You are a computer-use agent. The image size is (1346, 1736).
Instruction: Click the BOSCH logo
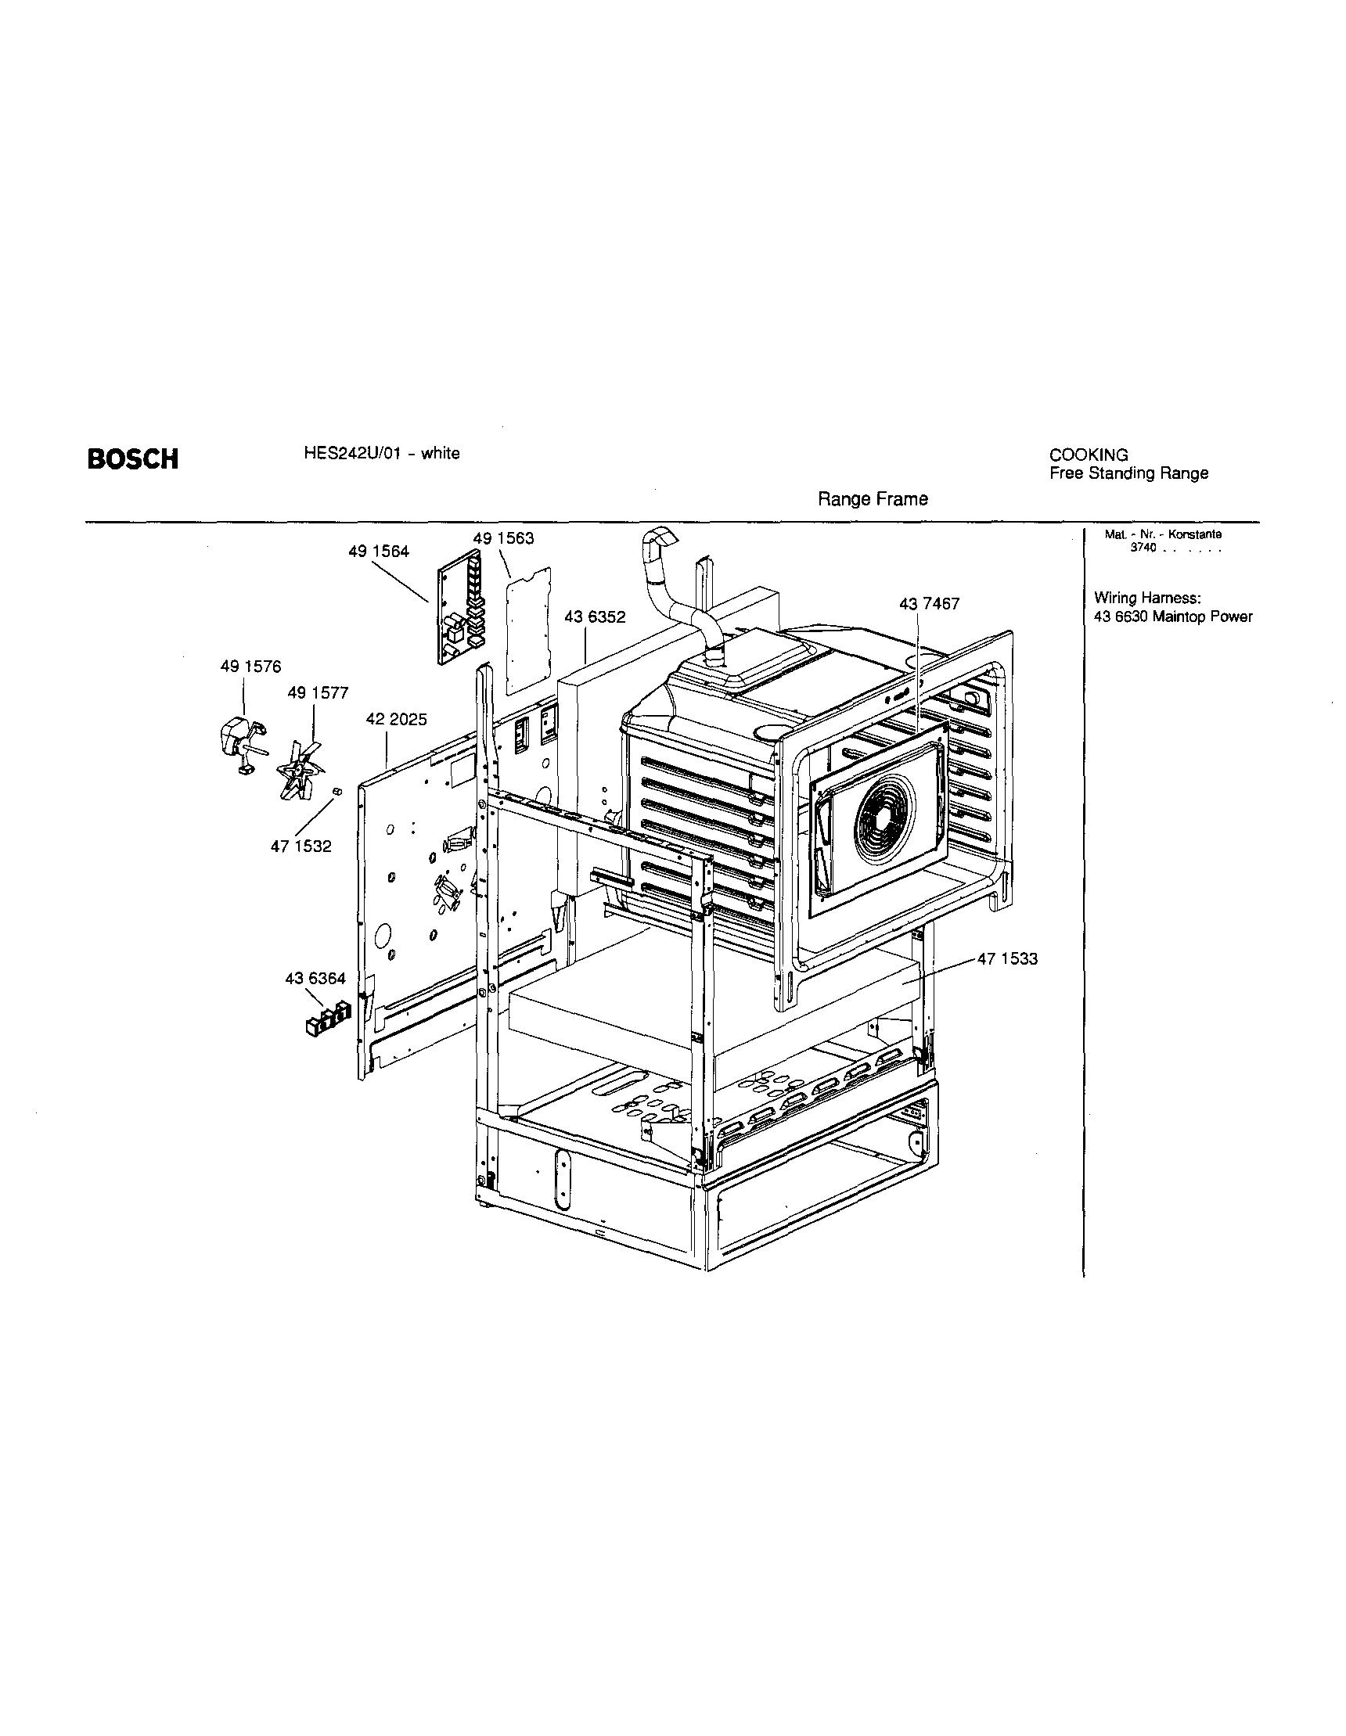(133, 458)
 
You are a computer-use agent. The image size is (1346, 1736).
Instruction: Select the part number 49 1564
(379, 552)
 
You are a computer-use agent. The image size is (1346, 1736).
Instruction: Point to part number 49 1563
(503, 538)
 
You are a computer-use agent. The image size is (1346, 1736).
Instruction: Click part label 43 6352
(596, 616)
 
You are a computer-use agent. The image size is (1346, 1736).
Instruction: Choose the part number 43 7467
(930, 604)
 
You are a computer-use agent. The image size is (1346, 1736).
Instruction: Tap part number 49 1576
(250, 667)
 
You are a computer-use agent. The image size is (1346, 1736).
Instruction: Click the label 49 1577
(318, 693)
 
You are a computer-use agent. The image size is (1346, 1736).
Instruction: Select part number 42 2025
(396, 720)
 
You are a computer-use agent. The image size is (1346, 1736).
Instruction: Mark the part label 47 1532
(301, 846)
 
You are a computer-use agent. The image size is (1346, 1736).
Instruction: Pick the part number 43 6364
(315, 979)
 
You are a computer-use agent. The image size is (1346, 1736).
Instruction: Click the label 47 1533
(1007, 958)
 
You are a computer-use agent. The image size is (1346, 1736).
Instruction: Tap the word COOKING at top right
(1089, 455)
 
